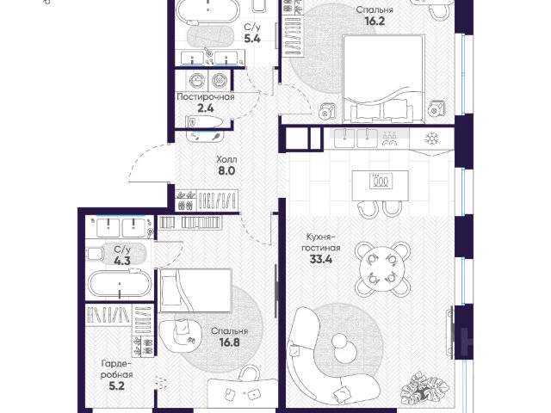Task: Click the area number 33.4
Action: pos(321,260)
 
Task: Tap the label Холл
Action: pos(226,159)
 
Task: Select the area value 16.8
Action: pos(230,342)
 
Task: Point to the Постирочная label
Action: pos(206,97)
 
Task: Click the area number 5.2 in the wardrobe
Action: pos(117,386)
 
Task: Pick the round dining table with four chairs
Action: pos(382,268)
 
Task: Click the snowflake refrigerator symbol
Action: pos(431,138)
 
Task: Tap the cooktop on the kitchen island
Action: pos(381,182)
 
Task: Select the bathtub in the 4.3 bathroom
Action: pos(120,284)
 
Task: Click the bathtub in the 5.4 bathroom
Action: pos(207,9)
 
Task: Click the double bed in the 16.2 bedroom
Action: pos(383,78)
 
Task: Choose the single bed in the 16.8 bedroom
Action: pos(195,290)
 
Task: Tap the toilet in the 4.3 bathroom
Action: pos(96,254)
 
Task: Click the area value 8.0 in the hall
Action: pos(226,171)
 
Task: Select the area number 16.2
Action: pos(375,21)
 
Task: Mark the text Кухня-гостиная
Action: pos(321,242)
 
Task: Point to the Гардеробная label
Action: pos(117,369)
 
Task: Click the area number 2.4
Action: pos(206,108)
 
